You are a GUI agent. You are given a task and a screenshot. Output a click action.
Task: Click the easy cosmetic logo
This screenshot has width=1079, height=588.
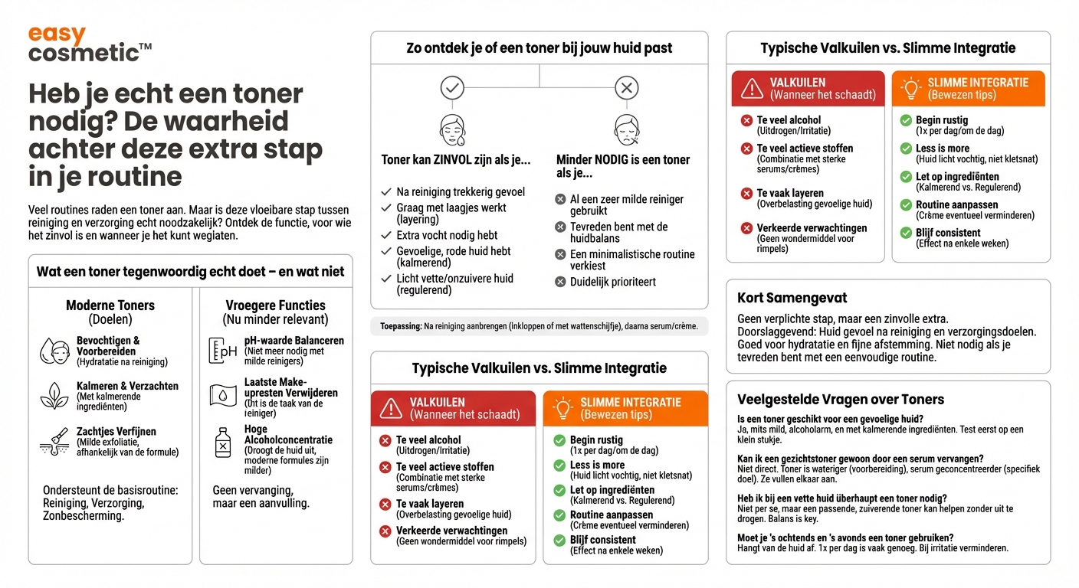tap(89, 44)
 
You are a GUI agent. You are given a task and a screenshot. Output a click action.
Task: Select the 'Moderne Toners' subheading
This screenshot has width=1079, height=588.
tap(110, 305)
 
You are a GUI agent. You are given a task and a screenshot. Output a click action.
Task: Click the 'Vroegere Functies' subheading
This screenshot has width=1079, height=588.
tap(275, 305)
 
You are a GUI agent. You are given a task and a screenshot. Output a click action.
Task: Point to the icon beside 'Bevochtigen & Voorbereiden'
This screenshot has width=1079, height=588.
tap(54, 351)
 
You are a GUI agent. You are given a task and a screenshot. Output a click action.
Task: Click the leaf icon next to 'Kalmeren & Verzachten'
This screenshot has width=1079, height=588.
tap(54, 396)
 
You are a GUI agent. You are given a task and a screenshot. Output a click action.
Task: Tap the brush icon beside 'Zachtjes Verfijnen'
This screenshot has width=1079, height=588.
tap(54, 442)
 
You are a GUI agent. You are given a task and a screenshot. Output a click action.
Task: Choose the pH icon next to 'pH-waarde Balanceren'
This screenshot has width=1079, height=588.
tap(223, 350)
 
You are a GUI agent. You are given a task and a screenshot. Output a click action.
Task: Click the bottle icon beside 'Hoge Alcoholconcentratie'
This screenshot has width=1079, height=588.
tap(223, 442)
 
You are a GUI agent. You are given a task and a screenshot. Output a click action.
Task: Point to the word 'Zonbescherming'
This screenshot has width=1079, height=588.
tap(84, 516)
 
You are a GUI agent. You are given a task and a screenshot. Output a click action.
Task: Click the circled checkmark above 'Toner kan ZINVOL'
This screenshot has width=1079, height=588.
tap(452, 88)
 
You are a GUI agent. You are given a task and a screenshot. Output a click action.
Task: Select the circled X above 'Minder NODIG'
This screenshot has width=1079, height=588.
tap(627, 88)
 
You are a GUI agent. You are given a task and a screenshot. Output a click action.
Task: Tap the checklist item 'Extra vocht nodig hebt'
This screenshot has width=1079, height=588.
tap(447, 235)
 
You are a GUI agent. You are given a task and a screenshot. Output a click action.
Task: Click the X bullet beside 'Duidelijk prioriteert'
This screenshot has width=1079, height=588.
tap(560, 282)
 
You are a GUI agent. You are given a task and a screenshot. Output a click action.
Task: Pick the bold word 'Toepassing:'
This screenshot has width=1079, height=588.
tap(400, 326)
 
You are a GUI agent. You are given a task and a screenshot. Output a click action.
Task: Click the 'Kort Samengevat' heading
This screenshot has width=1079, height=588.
tap(792, 298)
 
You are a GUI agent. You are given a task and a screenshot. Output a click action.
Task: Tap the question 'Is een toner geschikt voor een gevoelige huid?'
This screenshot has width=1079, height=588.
tap(830, 419)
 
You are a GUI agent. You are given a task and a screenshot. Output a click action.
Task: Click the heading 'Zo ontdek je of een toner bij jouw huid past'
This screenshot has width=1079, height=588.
tap(539, 47)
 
